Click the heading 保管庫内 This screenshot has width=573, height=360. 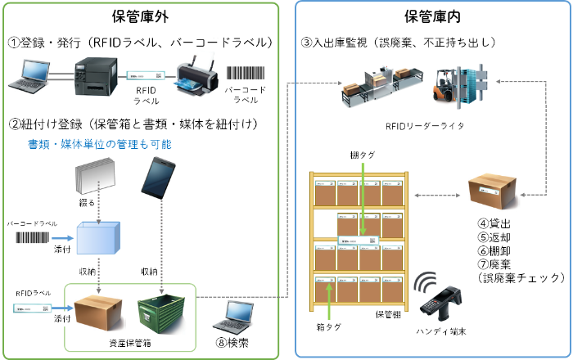433,16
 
